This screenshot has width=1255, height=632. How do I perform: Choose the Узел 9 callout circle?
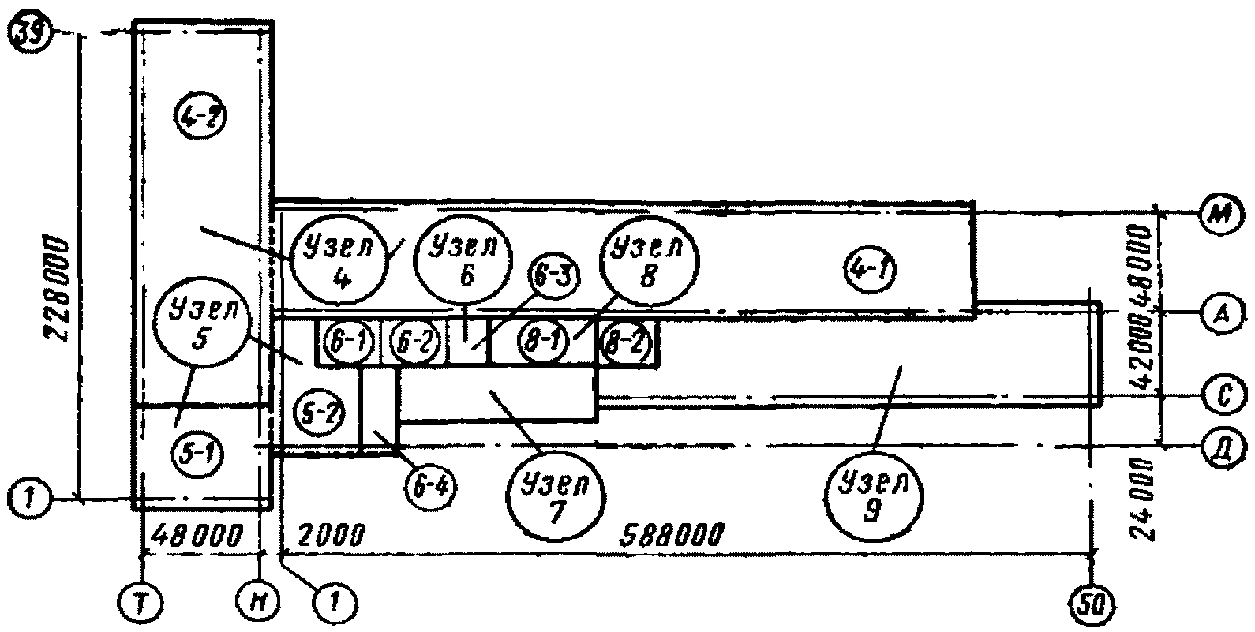point(873,495)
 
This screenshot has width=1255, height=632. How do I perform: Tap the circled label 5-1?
point(197,453)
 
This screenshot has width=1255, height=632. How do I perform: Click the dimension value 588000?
point(673,535)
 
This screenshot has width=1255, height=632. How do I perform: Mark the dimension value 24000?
point(1146,497)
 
